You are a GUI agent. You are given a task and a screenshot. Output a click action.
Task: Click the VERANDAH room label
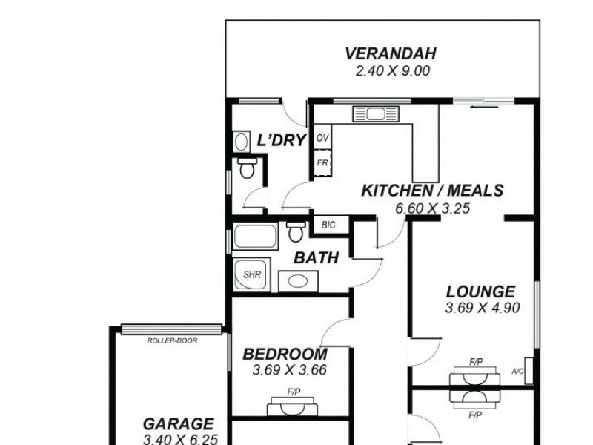(x=390, y=54)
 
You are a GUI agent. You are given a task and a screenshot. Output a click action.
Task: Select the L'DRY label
(x=281, y=140)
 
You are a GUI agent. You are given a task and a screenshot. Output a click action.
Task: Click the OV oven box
(x=322, y=139)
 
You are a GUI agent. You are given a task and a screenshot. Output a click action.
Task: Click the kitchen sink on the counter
(x=375, y=114)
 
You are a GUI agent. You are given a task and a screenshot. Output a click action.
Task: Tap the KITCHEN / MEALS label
(x=431, y=191)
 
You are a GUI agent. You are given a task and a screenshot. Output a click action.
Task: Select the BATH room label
(x=317, y=258)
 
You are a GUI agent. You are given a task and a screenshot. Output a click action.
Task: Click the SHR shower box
(x=253, y=274)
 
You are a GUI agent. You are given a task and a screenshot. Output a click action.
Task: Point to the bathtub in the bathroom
(x=256, y=238)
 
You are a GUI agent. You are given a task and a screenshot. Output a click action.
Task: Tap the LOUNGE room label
(x=480, y=291)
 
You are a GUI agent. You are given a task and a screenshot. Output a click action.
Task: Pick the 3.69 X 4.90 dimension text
(x=480, y=309)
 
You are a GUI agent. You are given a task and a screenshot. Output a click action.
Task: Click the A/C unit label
(x=519, y=372)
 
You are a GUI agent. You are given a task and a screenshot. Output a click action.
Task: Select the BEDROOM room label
(x=285, y=354)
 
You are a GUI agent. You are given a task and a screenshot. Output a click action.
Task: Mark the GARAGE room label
(x=179, y=424)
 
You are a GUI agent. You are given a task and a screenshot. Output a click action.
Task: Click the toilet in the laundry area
(x=247, y=169)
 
